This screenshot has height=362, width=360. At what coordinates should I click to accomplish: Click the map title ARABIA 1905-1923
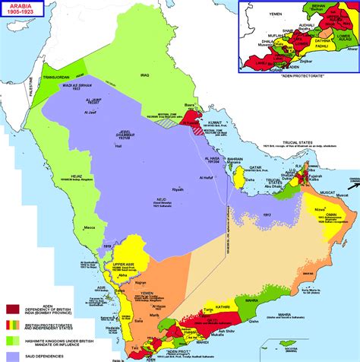tap(22, 11)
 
